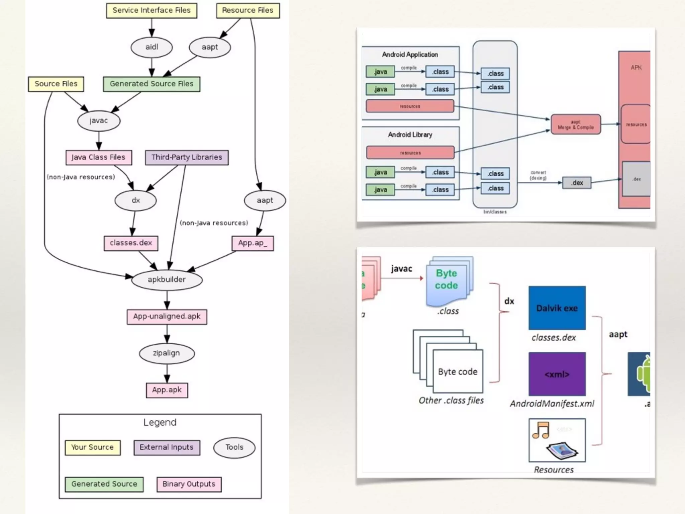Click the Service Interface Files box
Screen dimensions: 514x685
click(152, 10)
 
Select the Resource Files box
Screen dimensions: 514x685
click(248, 10)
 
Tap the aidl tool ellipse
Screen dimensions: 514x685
click(152, 47)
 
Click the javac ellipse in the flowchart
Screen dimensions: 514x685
click(99, 121)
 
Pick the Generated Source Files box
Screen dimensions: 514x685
click(152, 84)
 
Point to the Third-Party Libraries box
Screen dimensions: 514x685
click(187, 158)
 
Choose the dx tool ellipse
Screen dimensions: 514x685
click(135, 200)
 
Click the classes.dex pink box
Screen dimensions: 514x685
click(131, 243)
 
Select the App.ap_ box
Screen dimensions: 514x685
click(253, 243)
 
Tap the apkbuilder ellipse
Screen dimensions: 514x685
click(167, 280)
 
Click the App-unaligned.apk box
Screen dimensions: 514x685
click(167, 317)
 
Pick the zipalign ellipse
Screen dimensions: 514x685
click(167, 353)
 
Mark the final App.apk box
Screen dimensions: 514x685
click(167, 390)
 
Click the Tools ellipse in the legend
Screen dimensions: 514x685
click(234, 447)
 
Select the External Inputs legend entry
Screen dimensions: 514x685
click(167, 448)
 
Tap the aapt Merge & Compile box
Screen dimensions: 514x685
click(576, 124)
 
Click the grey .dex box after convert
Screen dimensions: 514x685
click(577, 183)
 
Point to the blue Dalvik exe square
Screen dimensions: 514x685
click(557, 308)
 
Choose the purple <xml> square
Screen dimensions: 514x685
click(557, 374)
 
